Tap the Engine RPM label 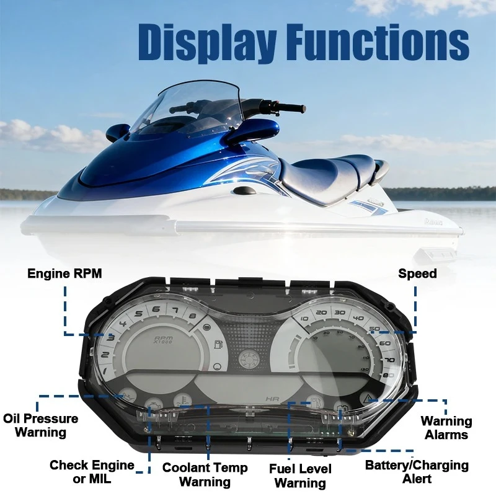coord(64,273)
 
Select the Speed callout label coord(417,273)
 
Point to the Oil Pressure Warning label coord(40,425)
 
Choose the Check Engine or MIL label coord(92,472)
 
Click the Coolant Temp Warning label coord(205,474)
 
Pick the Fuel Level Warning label coord(300,476)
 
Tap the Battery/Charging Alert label coord(417,472)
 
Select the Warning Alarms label coord(446,428)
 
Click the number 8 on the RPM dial coord(192,316)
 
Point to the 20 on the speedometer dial coord(321,312)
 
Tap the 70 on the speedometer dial coord(390,360)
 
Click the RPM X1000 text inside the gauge coord(164,340)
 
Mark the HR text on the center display coord(272,399)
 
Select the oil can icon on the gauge coord(128,396)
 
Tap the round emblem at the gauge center coord(249,360)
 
